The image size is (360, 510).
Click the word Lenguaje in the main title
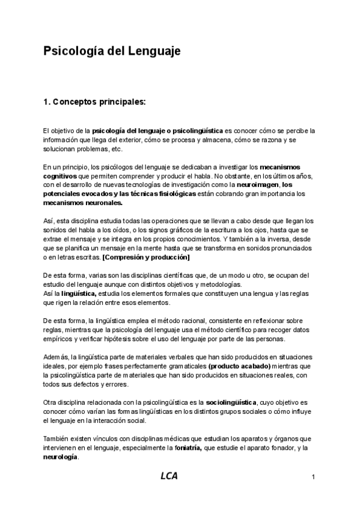(153, 52)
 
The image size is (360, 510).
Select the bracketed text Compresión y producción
(146, 257)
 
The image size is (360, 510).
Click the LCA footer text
(169, 476)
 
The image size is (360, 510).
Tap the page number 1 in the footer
(314, 477)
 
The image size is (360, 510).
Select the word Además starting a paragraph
(56, 357)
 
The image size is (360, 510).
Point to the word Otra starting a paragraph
(51, 402)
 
